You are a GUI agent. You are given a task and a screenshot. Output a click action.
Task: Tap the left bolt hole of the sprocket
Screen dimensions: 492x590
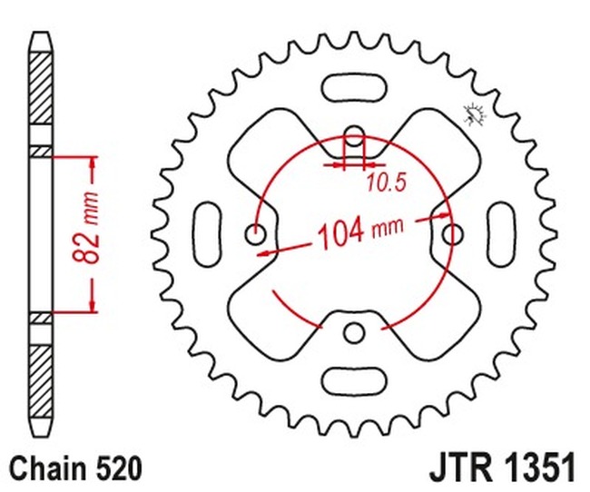(x=257, y=235)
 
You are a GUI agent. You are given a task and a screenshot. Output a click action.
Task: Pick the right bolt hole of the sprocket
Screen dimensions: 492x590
(x=451, y=234)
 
